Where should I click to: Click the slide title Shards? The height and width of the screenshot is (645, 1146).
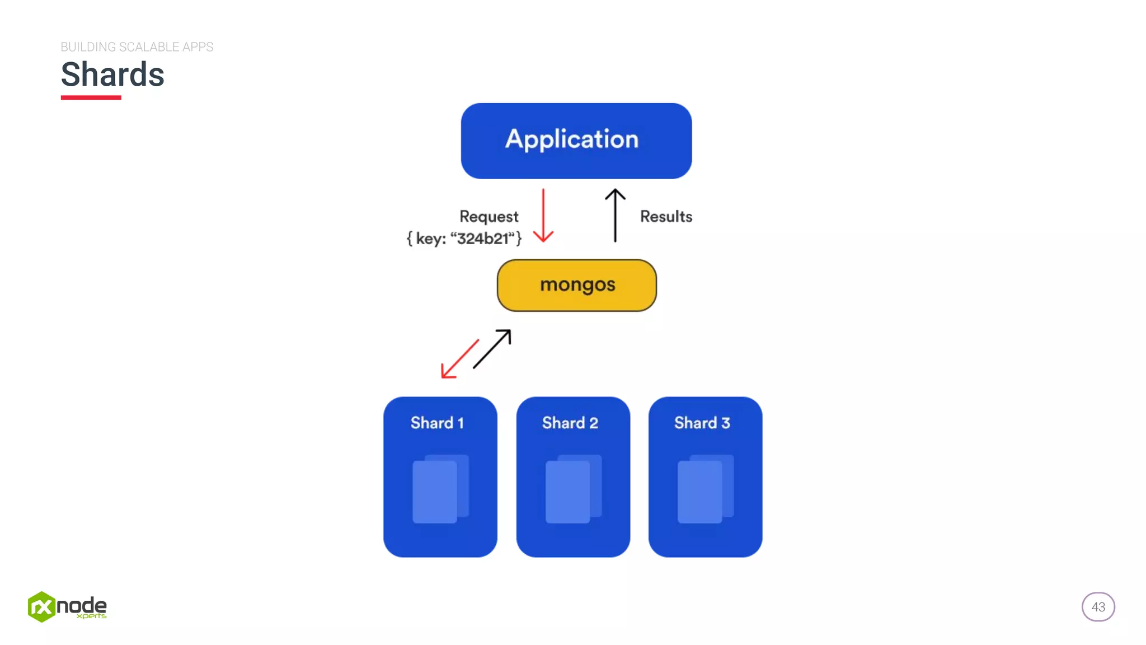112,74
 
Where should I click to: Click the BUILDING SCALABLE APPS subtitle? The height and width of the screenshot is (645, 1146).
137,47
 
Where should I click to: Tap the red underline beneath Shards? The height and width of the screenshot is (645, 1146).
91,97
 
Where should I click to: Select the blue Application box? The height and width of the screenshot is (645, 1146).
576,141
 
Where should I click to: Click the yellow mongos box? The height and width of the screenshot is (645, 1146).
576,285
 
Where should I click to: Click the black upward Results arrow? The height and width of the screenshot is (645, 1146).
615,216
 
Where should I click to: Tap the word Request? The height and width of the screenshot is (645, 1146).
489,217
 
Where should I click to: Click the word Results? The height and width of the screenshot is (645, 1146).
666,217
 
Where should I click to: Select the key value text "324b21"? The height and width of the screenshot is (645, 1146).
482,239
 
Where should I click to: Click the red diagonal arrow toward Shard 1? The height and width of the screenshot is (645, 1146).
459,359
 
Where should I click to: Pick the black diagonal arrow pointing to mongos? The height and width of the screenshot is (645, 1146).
492,349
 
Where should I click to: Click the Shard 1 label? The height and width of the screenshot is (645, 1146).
437,423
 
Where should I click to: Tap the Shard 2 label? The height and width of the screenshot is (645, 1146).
570,423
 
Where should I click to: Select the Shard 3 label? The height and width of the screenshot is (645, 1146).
702,423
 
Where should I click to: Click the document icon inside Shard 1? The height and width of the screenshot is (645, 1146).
439,489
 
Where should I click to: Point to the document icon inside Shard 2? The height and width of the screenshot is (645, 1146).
572,489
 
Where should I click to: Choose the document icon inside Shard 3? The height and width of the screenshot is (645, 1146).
704,489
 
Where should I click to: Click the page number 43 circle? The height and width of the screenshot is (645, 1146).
1098,607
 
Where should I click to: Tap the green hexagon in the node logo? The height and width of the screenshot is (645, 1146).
41,607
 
